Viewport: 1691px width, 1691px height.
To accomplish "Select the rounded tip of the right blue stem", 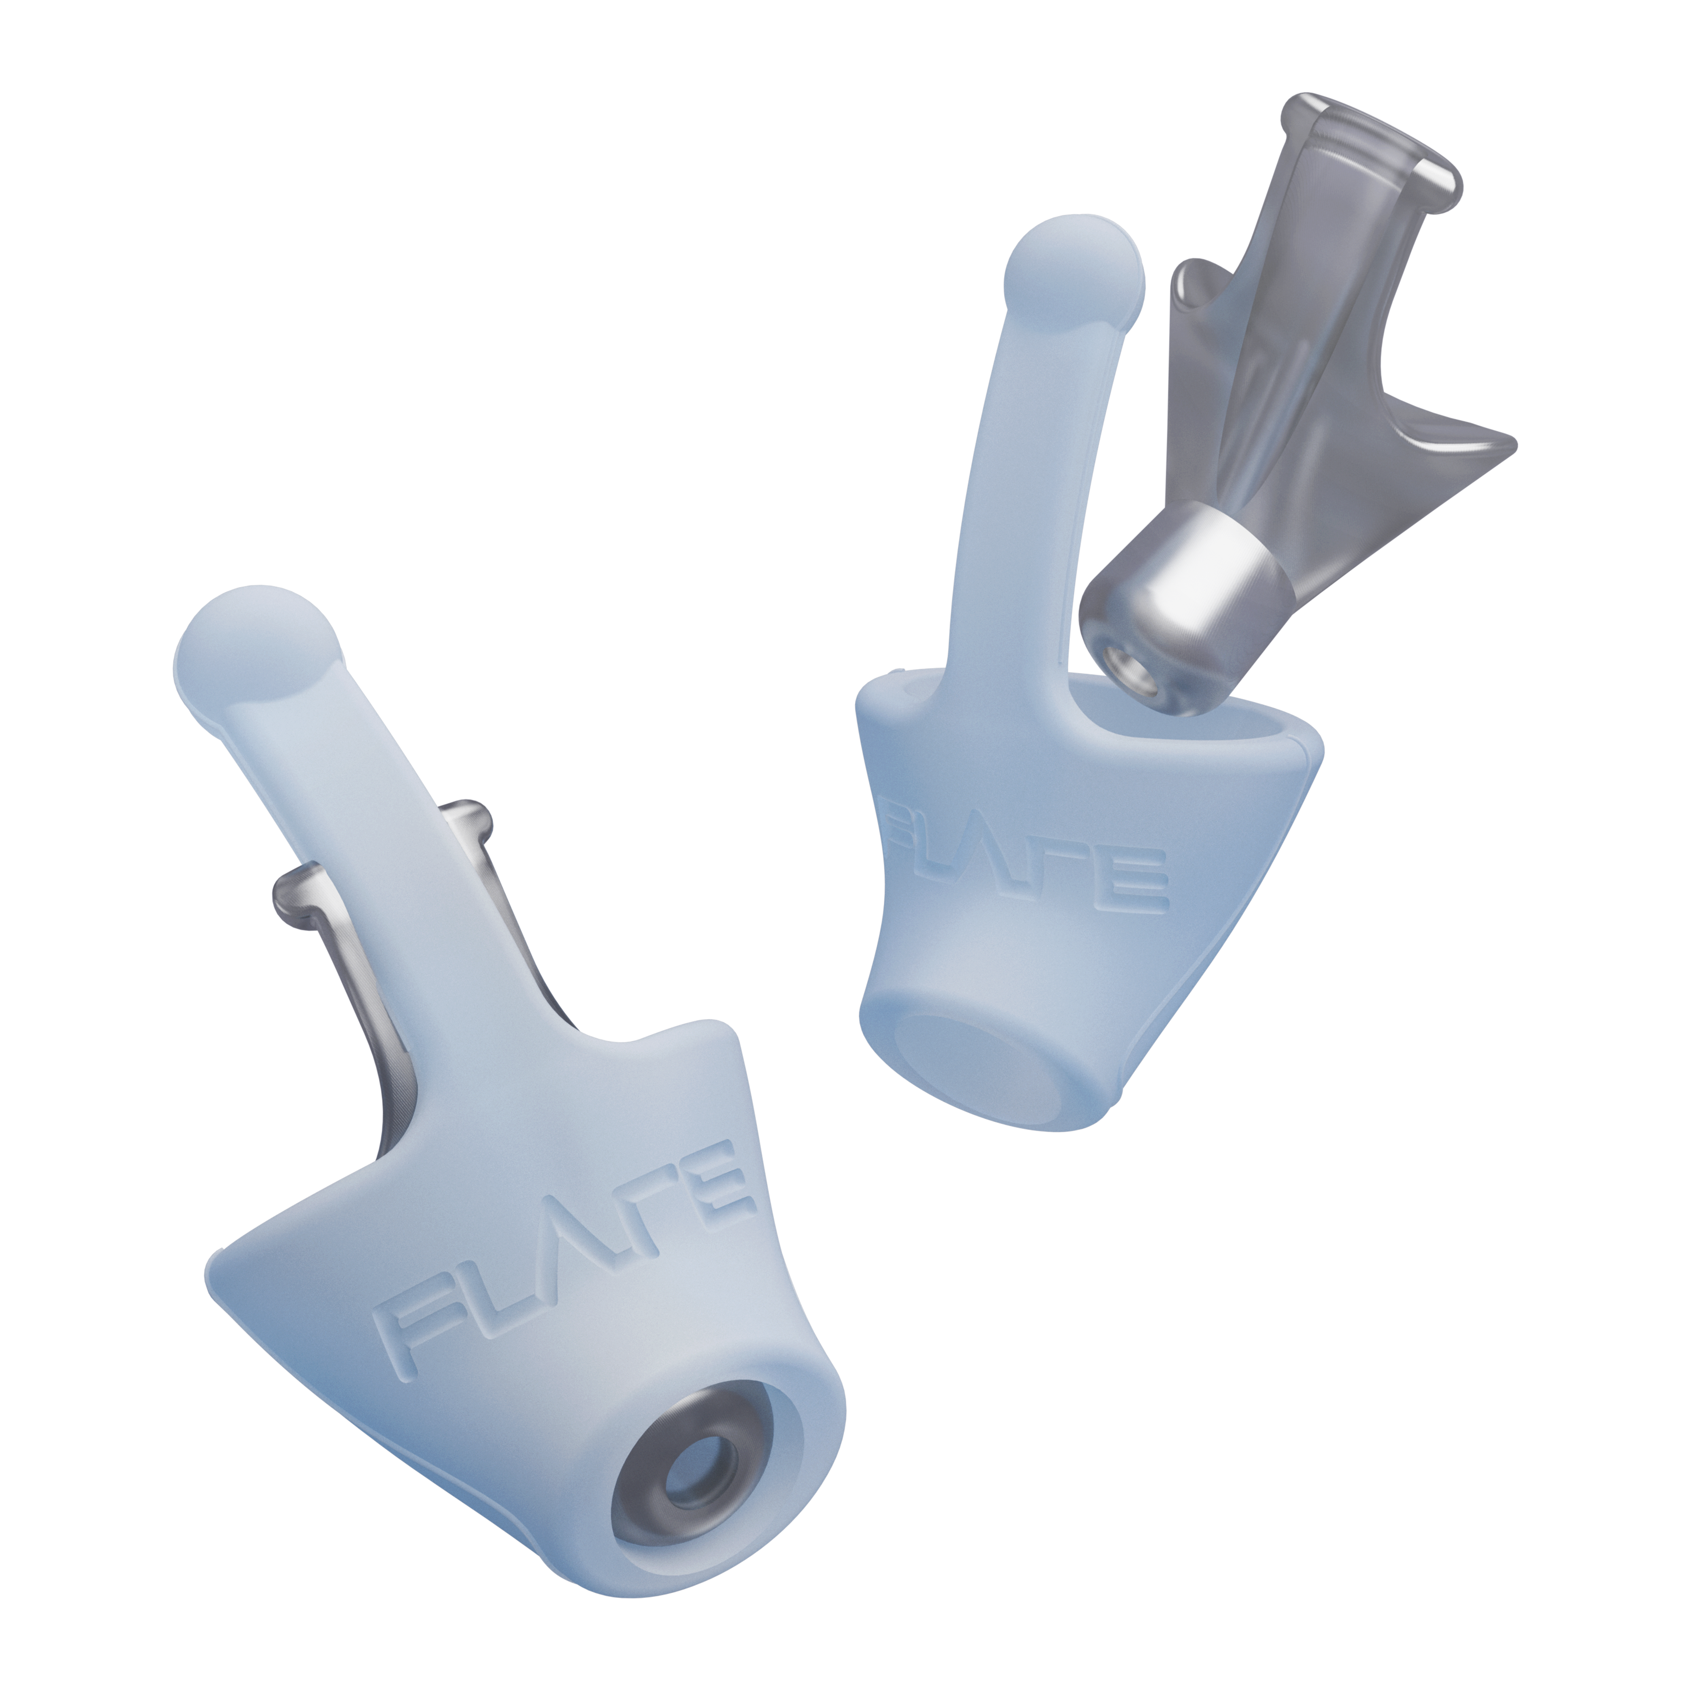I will pos(1075,271).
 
